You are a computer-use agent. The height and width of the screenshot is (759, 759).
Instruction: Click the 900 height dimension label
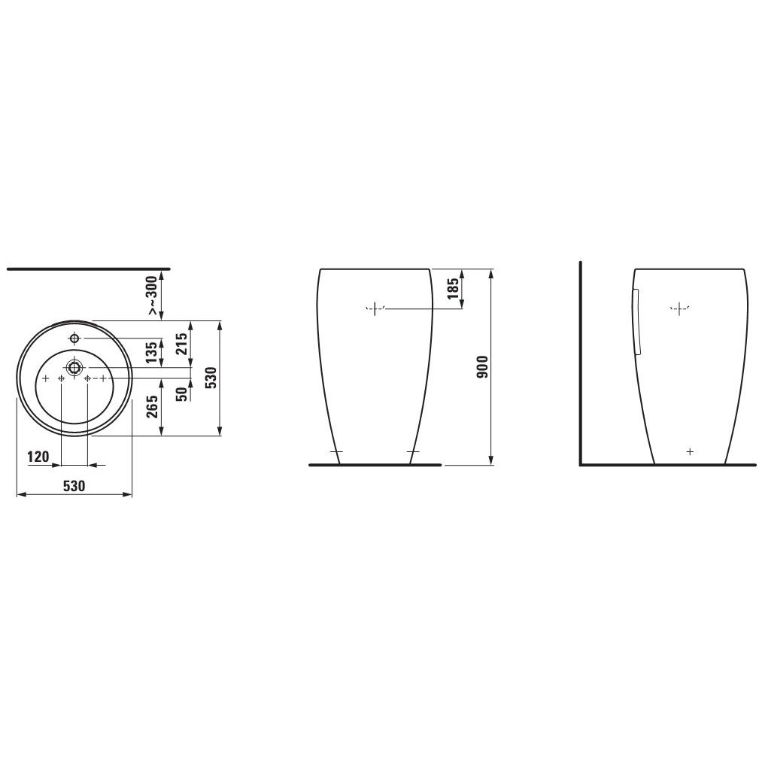[483, 366]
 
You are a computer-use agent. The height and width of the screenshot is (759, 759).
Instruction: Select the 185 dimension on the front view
[454, 289]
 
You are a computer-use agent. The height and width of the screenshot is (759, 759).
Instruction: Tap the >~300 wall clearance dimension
[152, 296]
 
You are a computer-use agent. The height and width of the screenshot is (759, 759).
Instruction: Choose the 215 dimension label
[181, 344]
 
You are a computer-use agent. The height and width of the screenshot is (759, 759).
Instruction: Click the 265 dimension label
[152, 407]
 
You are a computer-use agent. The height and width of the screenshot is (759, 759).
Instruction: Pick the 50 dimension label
[181, 394]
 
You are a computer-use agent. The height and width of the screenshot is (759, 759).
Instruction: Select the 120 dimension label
[38, 457]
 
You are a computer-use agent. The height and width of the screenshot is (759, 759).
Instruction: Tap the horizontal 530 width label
[74, 485]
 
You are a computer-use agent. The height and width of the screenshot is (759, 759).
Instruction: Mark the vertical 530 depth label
[211, 378]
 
